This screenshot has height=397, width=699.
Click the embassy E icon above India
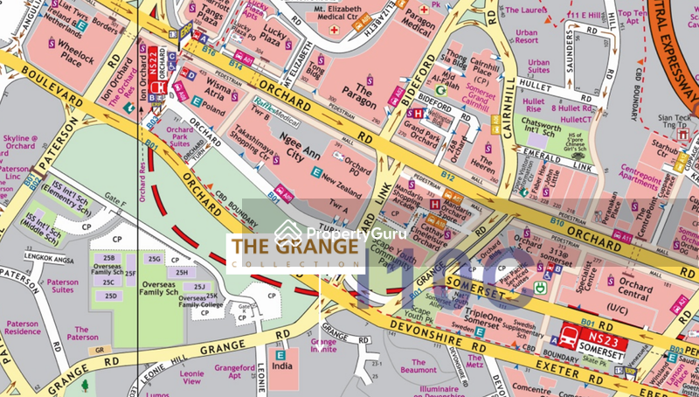(280, 356)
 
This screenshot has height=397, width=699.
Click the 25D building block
(111, 296)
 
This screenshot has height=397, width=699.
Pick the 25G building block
(155, 259)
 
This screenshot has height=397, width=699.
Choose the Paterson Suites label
(62, 287)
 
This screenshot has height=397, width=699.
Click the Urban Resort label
(527, 36)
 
